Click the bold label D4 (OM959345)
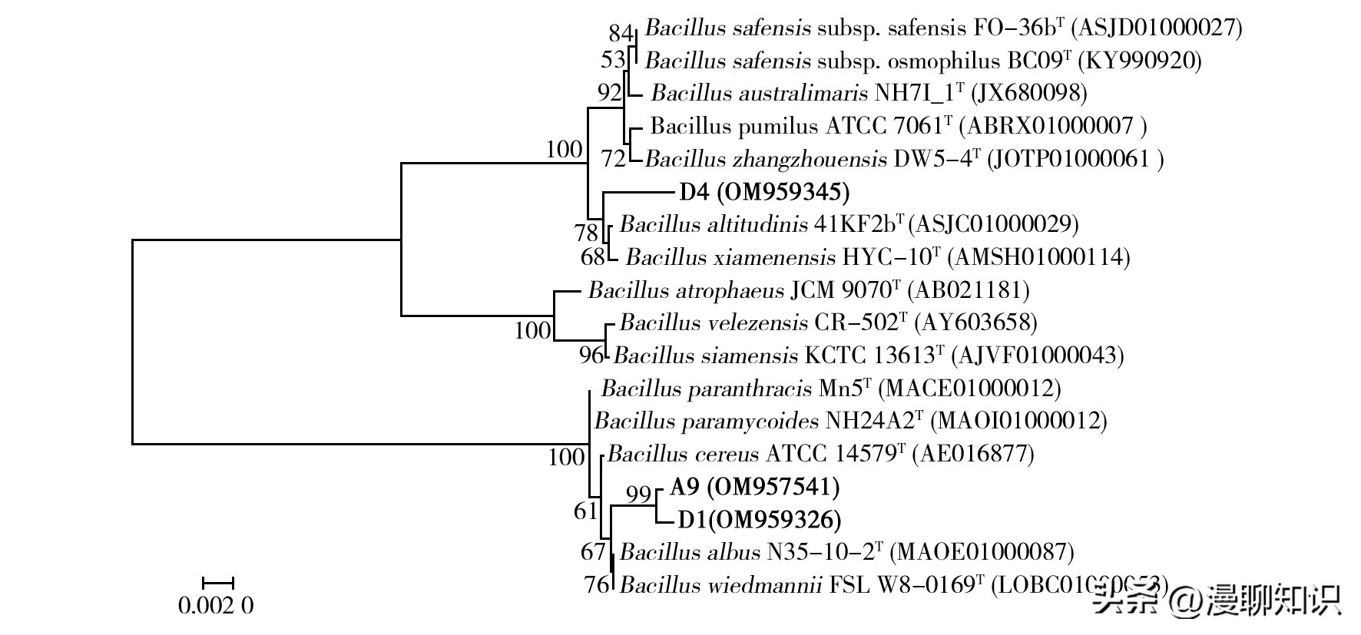pyautogui.click(x=764, y=192)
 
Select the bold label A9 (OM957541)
pyautogui.click(x=754, y=487)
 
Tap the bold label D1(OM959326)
pyautogui.click(x=759, y=520)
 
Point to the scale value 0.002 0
pyautogui.click(x=216, y=606)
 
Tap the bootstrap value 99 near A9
pyautogui.click(x=638, y=495)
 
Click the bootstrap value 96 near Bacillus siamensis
pyautogui.click(x=591, y=355)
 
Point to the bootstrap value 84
pyautogui.click(x=621, y=33)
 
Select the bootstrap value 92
pyautogui.click(x=609, y=93)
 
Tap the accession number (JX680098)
pyautogui.click(x=1029, y=93)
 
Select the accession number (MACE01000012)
pyautogui.click(x=969, y=389)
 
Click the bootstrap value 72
pyautogui.click(x=614, y=159)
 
